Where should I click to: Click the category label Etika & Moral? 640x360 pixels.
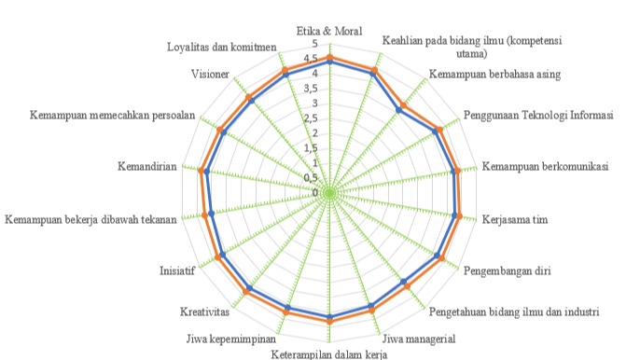329,31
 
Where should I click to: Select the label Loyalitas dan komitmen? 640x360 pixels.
222,47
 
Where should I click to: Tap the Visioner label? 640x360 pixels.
210,73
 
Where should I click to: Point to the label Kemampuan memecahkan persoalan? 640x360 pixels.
111,116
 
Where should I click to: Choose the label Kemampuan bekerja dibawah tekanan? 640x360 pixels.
90,221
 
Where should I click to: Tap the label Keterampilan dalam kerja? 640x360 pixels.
328,353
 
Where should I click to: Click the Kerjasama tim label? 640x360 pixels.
513,221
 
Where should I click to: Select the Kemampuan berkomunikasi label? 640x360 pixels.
550,168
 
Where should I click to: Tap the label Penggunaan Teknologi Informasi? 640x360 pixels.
538,116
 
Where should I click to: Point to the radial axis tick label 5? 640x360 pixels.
315,45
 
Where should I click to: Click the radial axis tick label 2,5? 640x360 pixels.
313,118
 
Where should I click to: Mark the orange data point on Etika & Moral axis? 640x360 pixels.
330,58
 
